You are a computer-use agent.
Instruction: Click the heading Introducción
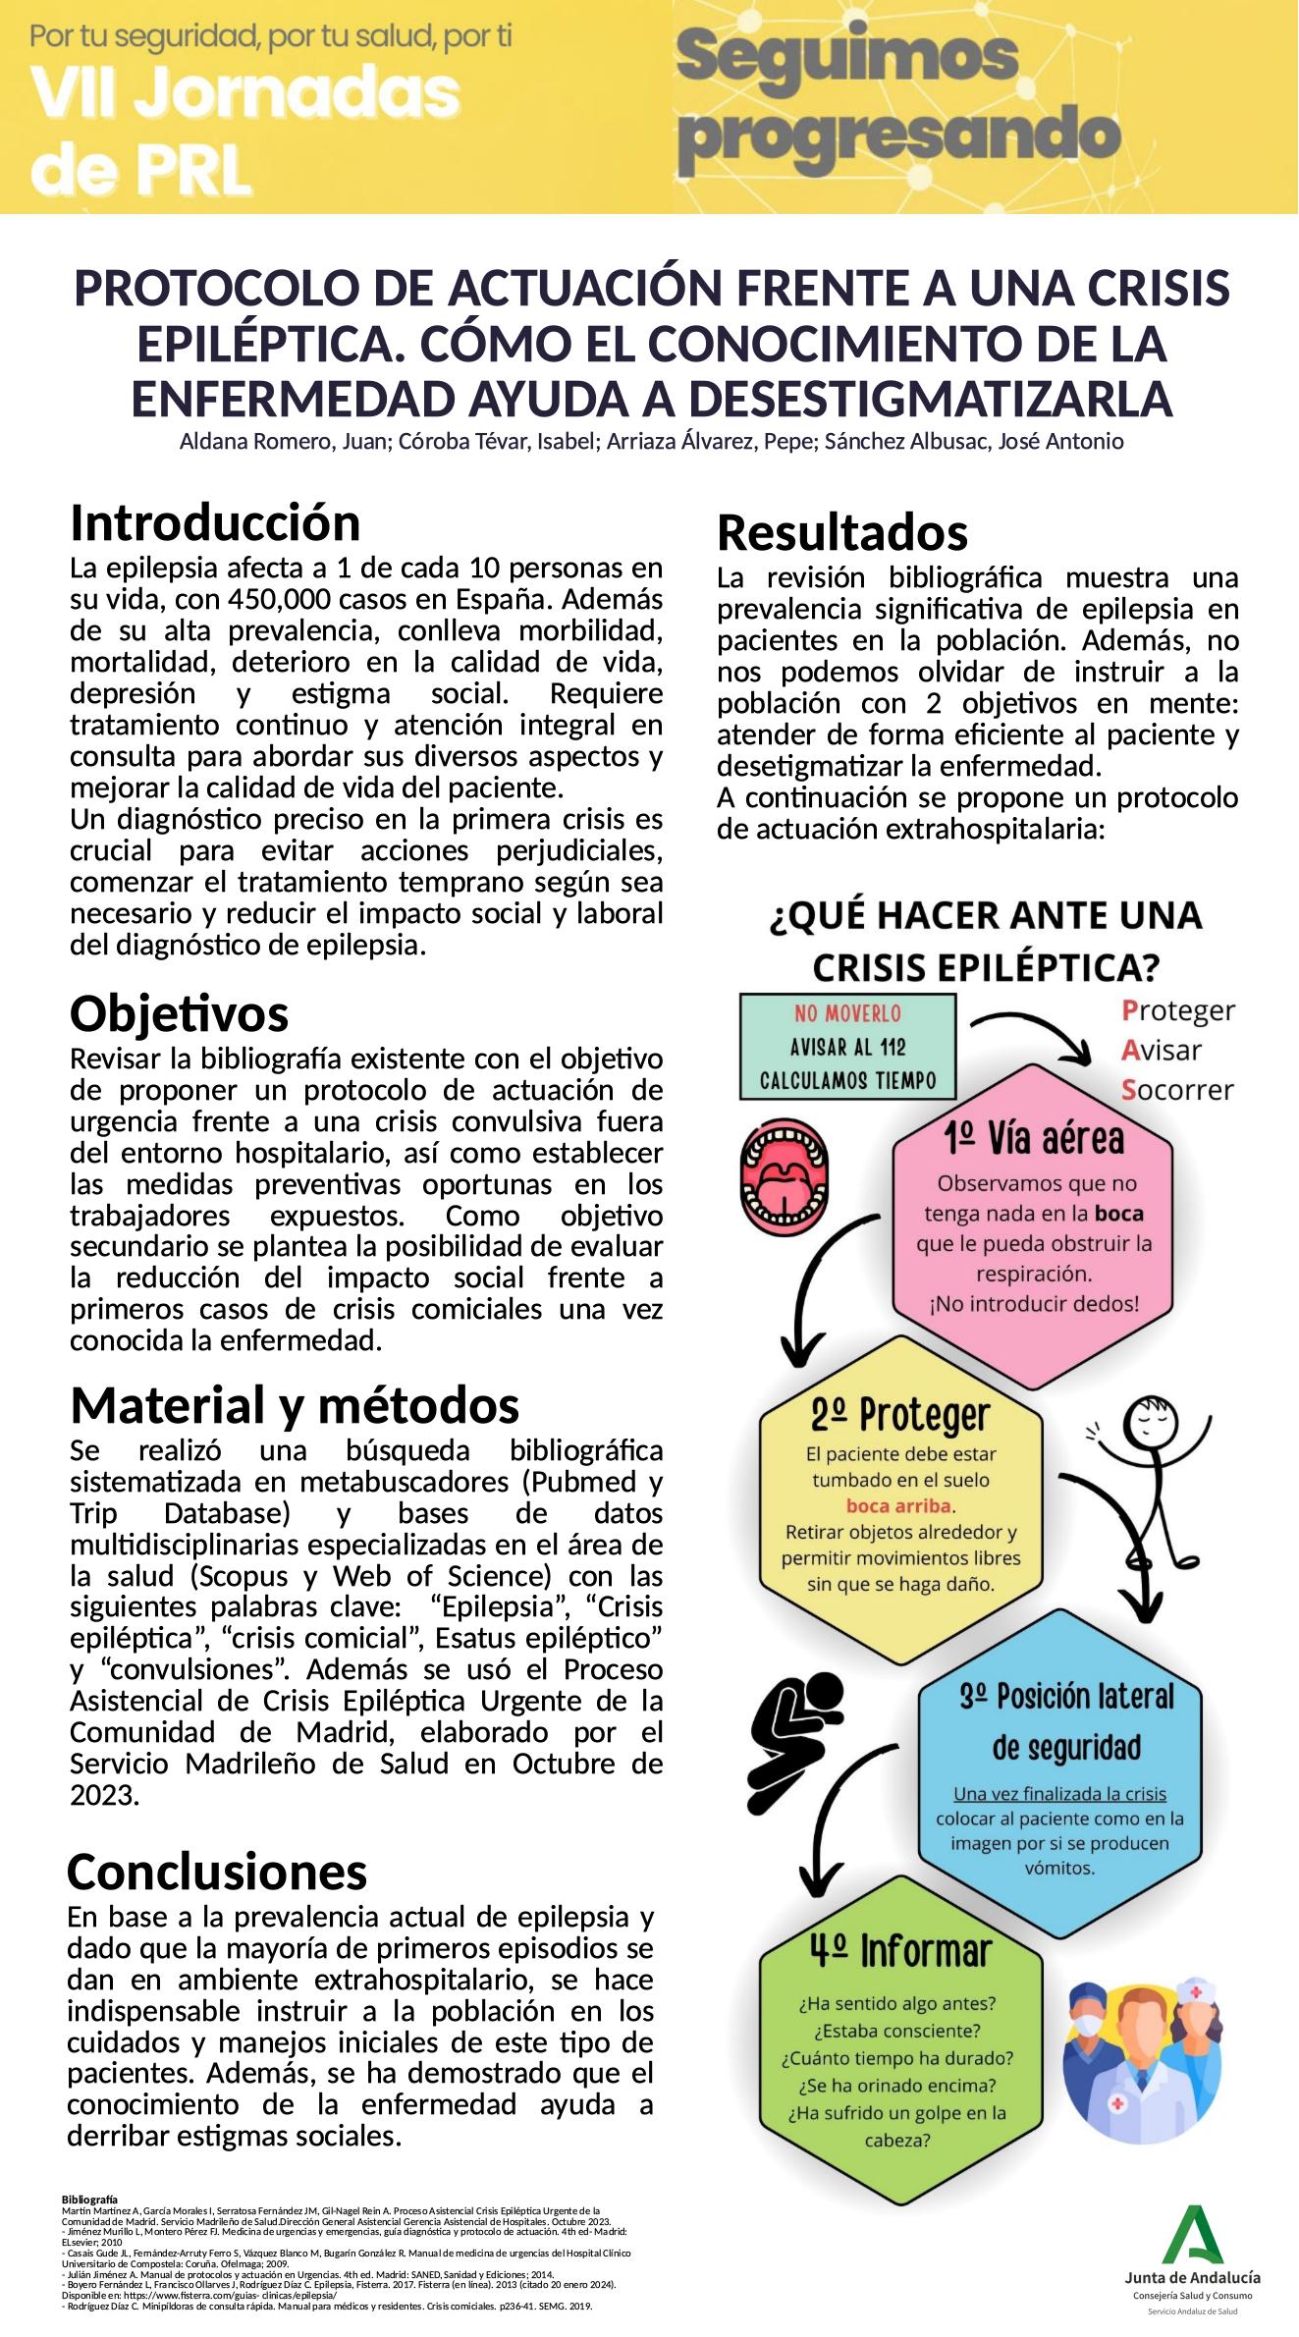pyautogui.click(x=215, y=523)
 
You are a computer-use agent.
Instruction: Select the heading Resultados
pyautogui.click(x=842, y=533)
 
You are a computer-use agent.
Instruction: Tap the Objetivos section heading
pyautogui.click(x=180, y=1013)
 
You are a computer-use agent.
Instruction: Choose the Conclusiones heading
pyautogui.click(x=217, y=1872)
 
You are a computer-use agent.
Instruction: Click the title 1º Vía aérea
pyautogui.click(x=1033, y=1139)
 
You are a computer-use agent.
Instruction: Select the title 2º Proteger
pyautogui.click(x=900, y=1415)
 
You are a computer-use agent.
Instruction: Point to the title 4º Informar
pyautogui.click(x=900, y=1952)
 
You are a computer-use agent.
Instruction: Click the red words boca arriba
pyautogui.click(x=899, y=1505)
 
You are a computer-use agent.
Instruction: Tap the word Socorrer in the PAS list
pyautogui.click(x=1177, y=1090)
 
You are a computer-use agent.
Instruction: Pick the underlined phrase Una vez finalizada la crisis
pyautogui.click(x=1059, y=1794)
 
